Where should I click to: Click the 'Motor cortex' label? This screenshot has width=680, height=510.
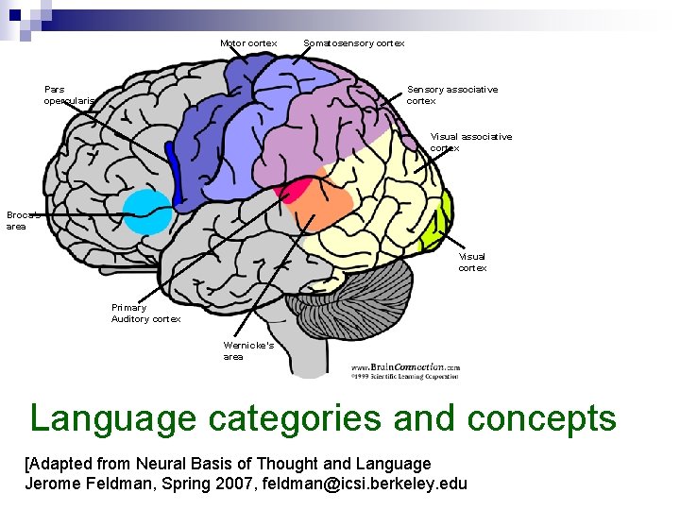(x=248, y=43)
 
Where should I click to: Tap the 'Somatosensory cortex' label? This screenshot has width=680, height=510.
(x=353, y=43)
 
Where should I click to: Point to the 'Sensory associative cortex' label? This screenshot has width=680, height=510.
(x=451, y=95)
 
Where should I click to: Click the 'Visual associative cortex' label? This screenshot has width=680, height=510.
(x=470, y=143)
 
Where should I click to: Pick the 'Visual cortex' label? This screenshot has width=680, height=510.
(x=472, y=262)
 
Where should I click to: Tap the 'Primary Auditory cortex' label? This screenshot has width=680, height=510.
(x=145, y=314)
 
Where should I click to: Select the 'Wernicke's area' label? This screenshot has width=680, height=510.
(x=248, y=350)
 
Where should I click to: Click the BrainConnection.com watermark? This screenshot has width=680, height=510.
(x=405, y=369)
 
